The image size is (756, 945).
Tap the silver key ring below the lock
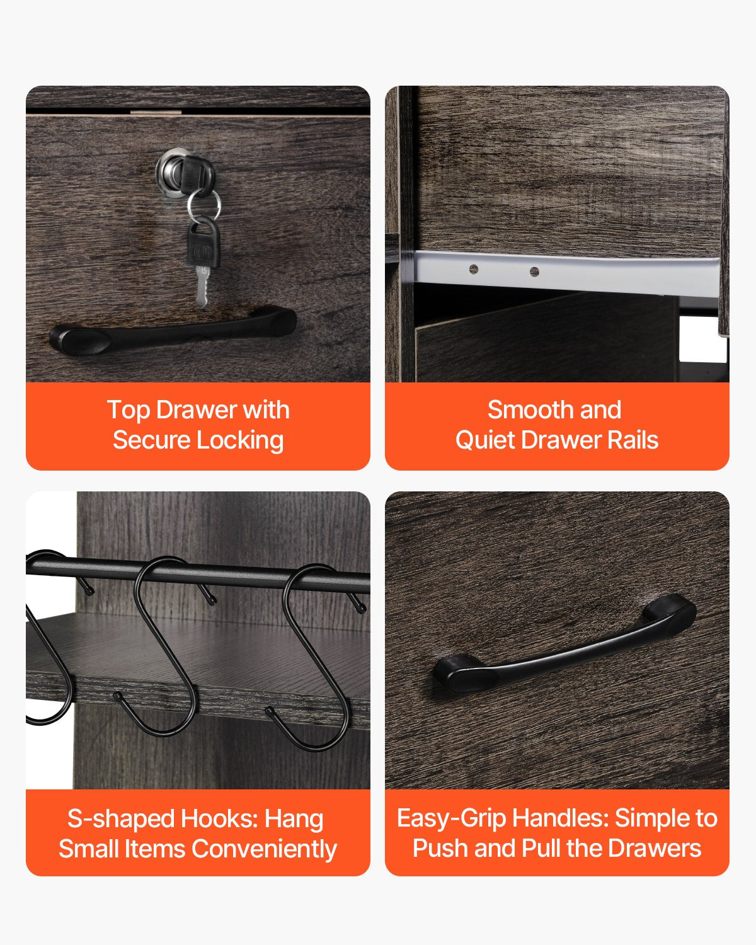point(203,205)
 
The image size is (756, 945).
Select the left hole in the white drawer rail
point(474,269)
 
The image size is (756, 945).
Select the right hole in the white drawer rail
point(534,272)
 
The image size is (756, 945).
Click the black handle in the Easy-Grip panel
point(564,644)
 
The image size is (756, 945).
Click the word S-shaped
point(121,820)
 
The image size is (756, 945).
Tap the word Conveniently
point(265,849)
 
